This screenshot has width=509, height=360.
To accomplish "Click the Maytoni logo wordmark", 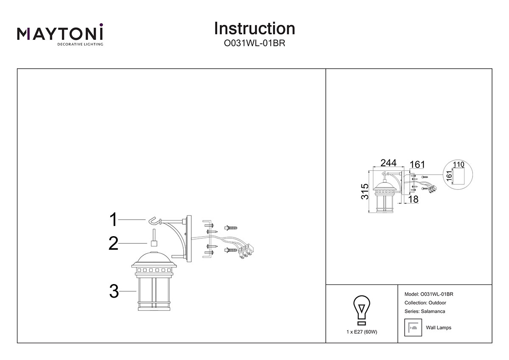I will [60, 33].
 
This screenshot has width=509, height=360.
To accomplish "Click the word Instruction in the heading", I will [255, 28].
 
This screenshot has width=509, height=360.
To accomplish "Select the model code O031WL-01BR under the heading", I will [255, 43].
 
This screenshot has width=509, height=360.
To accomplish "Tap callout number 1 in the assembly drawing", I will [113, 220].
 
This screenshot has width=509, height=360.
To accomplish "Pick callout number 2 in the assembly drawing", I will [113, 243].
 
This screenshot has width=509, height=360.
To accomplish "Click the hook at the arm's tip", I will [153, 220].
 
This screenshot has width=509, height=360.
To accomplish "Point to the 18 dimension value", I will [414, 198].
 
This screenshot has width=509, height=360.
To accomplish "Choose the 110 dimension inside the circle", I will [459, 164].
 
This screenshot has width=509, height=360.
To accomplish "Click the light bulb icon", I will [361, 309].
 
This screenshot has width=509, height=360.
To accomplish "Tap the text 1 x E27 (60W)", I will [361, 332].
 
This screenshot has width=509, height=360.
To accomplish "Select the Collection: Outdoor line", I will [425, 303].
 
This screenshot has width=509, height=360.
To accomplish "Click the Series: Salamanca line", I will [425, 311].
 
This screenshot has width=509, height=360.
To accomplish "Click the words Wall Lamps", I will [439, 328].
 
